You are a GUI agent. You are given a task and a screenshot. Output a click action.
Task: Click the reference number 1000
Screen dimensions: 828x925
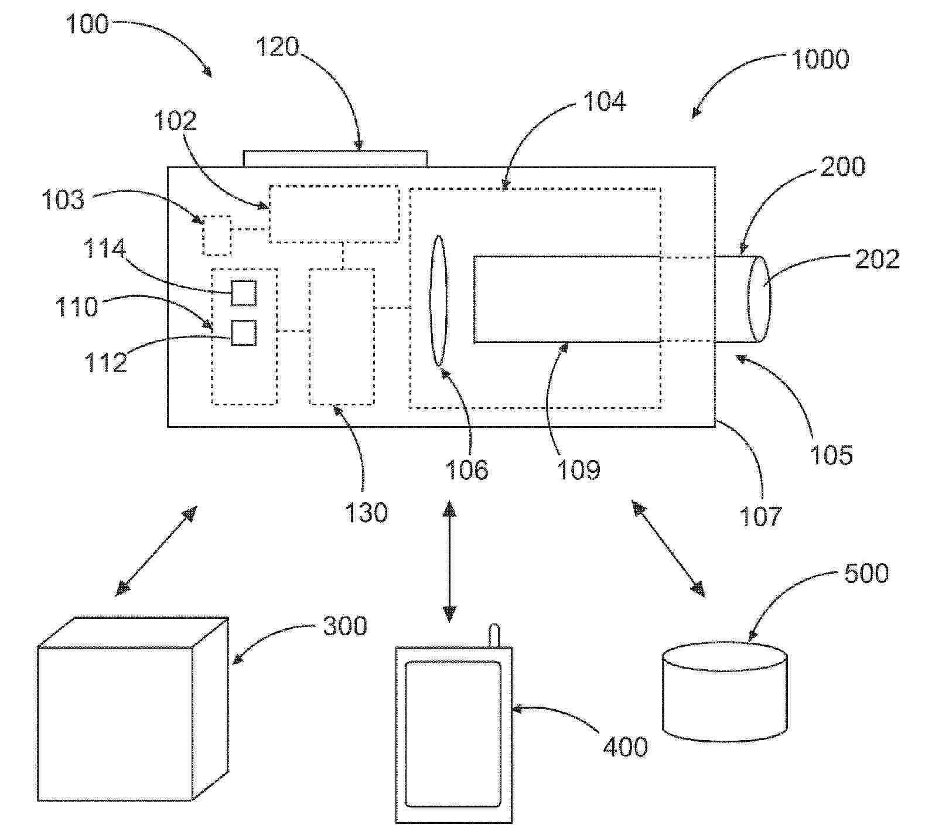point(820,60)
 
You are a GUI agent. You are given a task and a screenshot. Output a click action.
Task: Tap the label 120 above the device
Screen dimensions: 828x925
point(277,47)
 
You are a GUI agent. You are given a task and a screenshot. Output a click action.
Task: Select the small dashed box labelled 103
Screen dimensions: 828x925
point(217,236)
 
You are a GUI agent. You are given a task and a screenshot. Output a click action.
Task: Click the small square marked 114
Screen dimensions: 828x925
point(244,292)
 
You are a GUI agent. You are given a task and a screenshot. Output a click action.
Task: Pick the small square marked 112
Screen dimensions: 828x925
point(244,333)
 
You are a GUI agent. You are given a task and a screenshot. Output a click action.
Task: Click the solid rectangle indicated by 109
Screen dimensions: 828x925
point(566,299)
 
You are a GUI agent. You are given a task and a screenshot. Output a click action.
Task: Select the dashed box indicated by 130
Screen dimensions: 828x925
point(342,336)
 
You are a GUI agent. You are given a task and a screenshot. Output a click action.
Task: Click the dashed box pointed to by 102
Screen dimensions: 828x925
point(334,214)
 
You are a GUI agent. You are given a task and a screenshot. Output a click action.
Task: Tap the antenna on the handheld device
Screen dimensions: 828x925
point(494,636)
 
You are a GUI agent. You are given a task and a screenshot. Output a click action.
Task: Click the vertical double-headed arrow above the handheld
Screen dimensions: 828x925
point(449,561)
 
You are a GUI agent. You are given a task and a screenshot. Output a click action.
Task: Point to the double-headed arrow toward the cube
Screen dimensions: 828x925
point(156,551)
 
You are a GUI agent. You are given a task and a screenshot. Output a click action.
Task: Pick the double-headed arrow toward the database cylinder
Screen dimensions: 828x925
point(668,548)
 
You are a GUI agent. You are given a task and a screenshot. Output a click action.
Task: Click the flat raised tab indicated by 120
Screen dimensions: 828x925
point(335,159)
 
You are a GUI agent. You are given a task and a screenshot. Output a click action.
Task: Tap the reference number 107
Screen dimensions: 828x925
point(760,516)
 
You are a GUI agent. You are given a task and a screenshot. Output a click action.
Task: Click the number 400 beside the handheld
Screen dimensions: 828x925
point(625,747)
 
